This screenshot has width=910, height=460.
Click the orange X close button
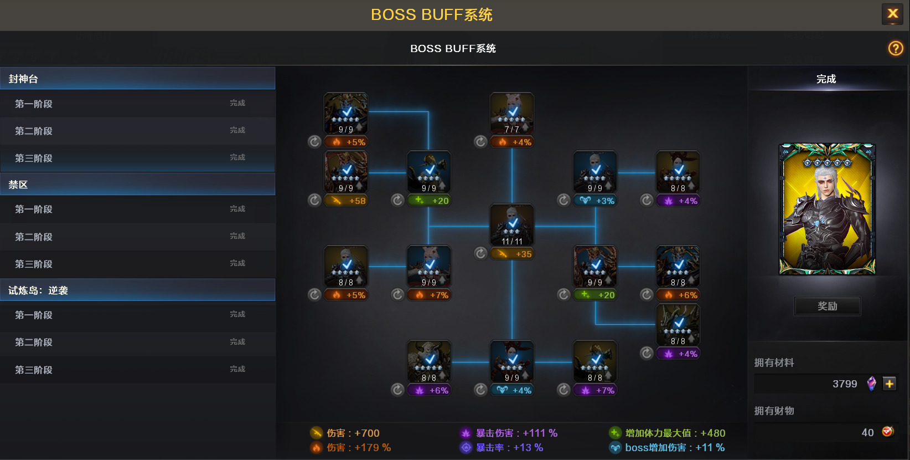click(x=892, y=14)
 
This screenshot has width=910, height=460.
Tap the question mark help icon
click(x=896, y=48)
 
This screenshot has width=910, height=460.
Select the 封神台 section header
click(x=137, y=79)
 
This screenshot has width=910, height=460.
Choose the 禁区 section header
click(x=137, y=184)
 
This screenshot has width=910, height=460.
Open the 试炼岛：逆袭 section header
click(x=137, y=290)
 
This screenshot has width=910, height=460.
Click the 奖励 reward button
click(x=827, y=306)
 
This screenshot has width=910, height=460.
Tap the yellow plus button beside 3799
click(x=890, y=384)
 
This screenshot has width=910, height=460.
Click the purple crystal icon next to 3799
click(x=871, y=384)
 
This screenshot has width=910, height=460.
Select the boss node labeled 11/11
click(x=512, y=226)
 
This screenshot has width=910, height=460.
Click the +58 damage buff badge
click(x=346, y=201)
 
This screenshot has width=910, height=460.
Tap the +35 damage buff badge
click(x=512, y=254)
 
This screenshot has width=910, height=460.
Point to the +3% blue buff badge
click(x=595, y=201)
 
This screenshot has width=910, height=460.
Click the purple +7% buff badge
click(x=595, y=390)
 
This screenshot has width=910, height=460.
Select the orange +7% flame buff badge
click(x=429, y=295)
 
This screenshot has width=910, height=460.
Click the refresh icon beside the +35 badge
click(x=480, y=253)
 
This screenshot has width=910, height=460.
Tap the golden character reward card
click(x=827, y=209)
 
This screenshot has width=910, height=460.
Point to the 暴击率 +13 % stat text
click(x=509, y=447)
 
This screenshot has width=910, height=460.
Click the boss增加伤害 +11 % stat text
click(x=675, y=447)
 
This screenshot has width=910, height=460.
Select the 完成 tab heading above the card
click(x=826, y=79)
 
